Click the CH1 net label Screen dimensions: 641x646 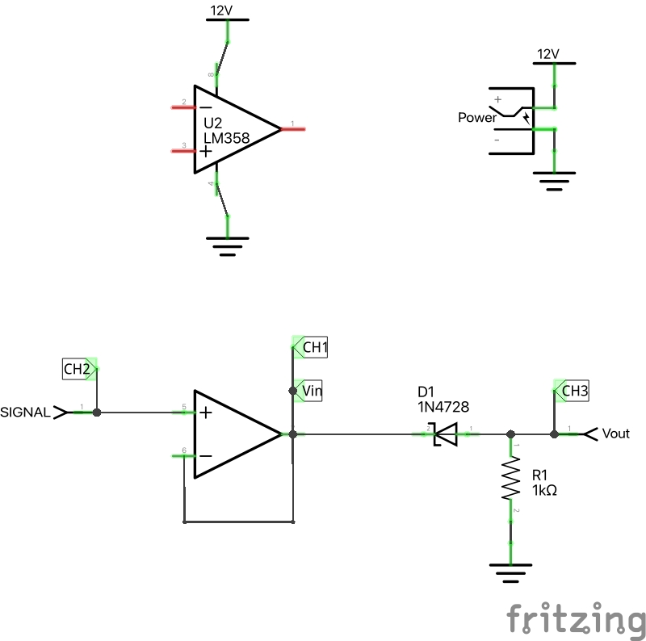[x=313, y=348]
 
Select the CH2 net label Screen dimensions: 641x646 [x=78, y=370]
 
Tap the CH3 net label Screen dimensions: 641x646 [x=574, y=392]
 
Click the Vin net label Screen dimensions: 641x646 [x=311, y=391]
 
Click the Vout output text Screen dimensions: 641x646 [x=616, y=434]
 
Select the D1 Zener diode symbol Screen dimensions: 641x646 [x=445, y=434]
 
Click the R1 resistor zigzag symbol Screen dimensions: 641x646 [x=510, y=480]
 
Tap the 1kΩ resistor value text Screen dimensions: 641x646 [x=545, y=490]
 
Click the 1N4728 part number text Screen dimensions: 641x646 [x=443, y=406]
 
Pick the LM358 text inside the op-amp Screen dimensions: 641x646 [x=226, y=139]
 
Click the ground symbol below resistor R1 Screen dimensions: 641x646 [x=510, y=572]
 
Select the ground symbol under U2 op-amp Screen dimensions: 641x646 [x=228, y=245]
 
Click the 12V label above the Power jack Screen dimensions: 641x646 [x=547, y=54]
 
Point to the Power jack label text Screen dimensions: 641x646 [x=476, y=118]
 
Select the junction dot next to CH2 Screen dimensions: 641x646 [x=97, y=413]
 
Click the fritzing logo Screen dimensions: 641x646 [x=576, y=619]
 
